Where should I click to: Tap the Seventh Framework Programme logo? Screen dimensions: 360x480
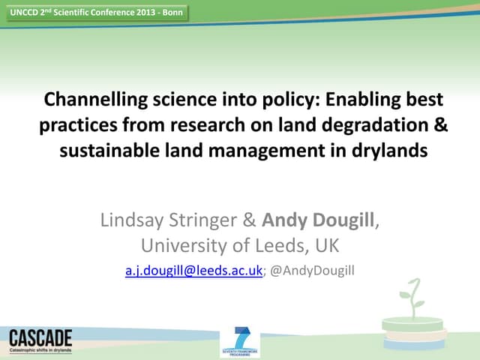pyautogui.click(x=240, y=342)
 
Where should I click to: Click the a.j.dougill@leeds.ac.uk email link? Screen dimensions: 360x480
pyautogui.click(x=193, y=271)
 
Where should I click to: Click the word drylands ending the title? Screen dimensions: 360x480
pyautogui.click(x=390, y=150)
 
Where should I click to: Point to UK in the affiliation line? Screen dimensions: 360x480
pyautogui.click(x=324, y=245)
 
